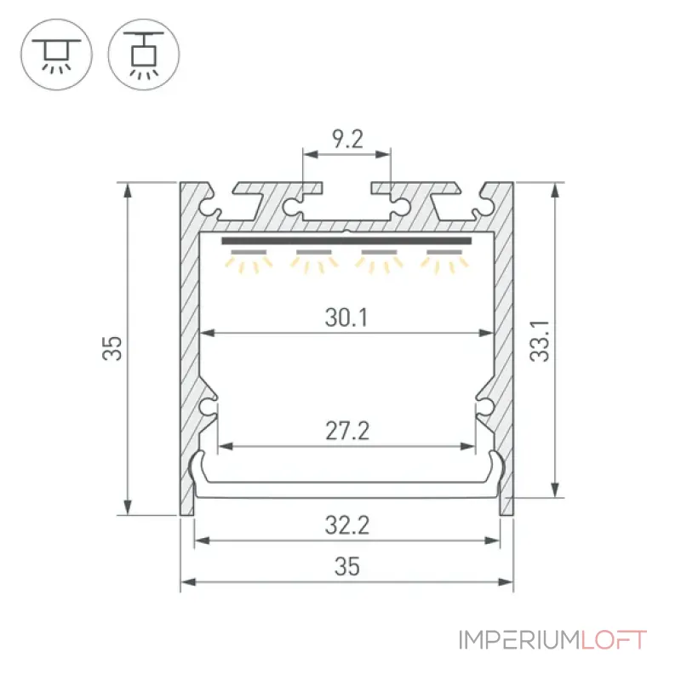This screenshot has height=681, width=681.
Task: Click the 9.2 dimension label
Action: click(x=347, y=139)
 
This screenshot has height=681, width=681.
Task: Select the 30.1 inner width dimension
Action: click(x=346, y=318)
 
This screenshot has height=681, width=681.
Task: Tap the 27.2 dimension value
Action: click(x=347, y=432)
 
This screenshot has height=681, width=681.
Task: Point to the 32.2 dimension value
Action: click(x=347, y=525)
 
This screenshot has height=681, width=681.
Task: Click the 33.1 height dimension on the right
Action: click(x=540, y=341)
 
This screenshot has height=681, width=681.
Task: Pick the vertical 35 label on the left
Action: click(x=112, y=348)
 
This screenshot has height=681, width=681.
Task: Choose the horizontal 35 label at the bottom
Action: click(x=347, y=567)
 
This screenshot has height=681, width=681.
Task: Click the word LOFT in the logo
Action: click(x=614, y=640)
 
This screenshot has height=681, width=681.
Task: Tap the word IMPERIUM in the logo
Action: click(x=519, y=640)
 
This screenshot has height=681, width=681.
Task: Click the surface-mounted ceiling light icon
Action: click(x=56, y=54)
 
